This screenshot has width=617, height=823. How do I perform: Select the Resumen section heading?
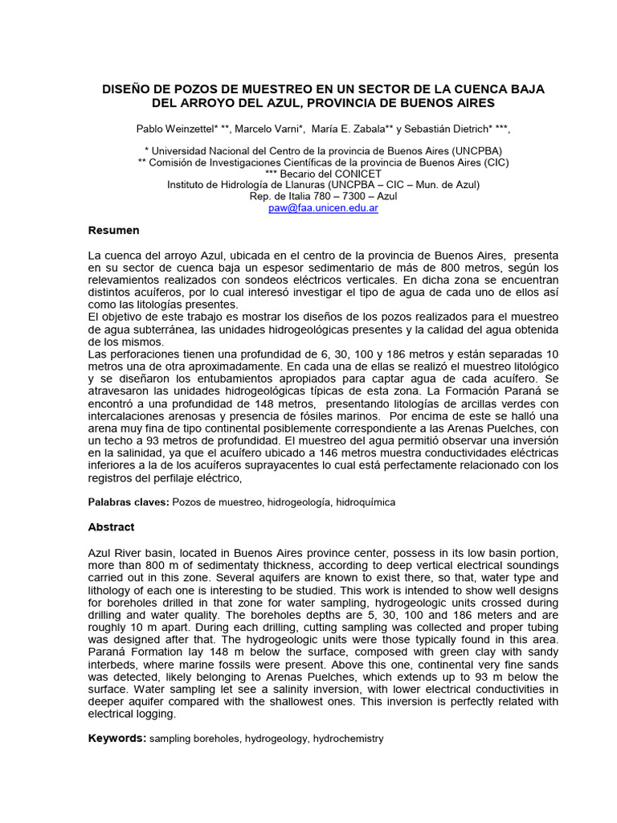[x=113, y=231]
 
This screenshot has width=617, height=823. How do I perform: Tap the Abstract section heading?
[x=111, y=527]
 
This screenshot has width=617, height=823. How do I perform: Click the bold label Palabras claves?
[x=127, y=502]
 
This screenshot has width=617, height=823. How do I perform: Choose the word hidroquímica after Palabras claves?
[x=366, y=502]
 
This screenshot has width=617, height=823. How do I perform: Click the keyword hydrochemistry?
[x=348, y=739]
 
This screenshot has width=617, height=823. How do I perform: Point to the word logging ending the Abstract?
[x=153, y=713]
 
